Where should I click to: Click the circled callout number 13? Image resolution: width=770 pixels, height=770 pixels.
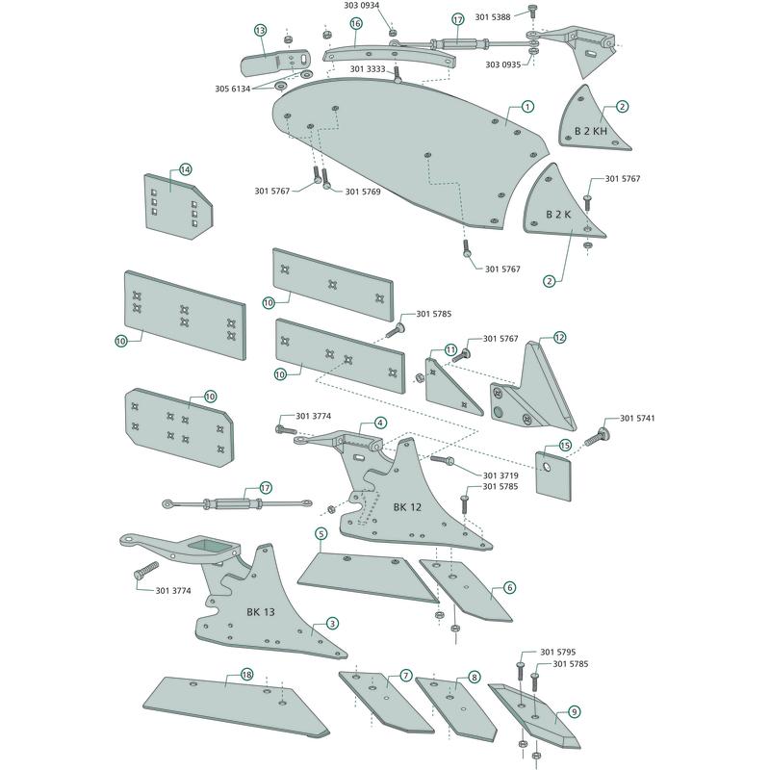[260, 31]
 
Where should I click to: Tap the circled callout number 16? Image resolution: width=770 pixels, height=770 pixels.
[356, 23]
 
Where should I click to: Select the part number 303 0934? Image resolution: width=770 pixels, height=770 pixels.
[362, 6]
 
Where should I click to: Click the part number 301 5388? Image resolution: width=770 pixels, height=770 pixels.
[493, 17]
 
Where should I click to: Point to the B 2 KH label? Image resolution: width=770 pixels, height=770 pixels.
[591, 131]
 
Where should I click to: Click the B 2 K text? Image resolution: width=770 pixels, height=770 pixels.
[559, 214]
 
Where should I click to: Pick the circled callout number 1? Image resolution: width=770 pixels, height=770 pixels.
[527, 107]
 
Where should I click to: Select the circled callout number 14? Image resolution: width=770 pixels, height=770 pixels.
[185, 170]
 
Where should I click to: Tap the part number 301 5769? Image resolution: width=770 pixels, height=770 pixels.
[363, 192]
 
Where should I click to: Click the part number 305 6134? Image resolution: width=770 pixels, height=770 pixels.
[233, 89]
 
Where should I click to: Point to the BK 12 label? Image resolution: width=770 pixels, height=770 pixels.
[407, 507]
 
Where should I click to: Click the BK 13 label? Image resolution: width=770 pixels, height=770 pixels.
[261, 612]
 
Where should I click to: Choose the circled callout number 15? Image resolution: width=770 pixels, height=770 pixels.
[565, 446]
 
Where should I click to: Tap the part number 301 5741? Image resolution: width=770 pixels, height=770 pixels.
[637, 419]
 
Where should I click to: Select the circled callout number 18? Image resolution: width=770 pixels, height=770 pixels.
[247, 675]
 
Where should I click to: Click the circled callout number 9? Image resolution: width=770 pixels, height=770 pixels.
[574, 711]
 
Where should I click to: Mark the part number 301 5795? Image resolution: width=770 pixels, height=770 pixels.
[558, 653]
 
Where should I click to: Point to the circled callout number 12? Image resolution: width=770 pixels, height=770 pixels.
[559, 338]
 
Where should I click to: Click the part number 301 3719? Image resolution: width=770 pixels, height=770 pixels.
[500, 475]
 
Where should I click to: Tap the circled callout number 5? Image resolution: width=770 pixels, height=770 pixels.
[321, 534]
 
